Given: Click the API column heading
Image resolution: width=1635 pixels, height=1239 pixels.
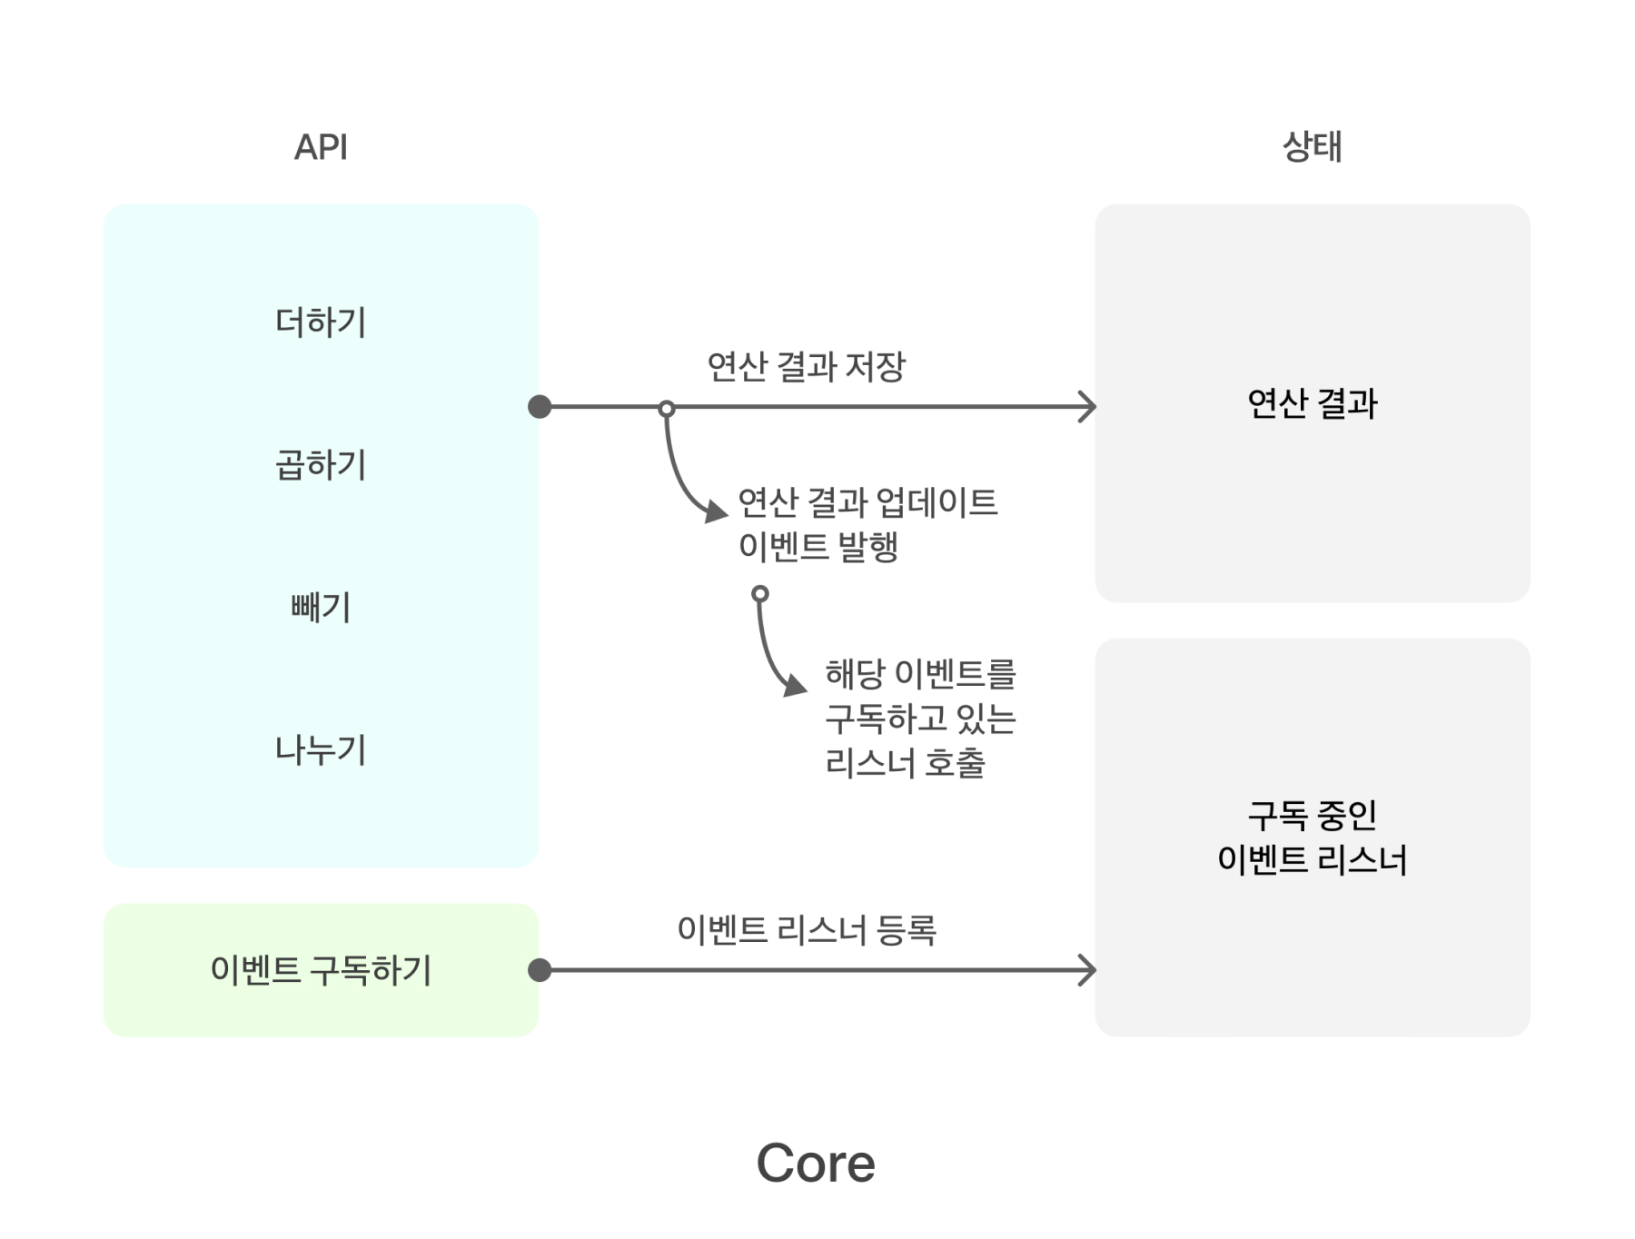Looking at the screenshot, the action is pos(321,147).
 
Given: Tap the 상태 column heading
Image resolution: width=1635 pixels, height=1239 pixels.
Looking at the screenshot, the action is pos(1312,146).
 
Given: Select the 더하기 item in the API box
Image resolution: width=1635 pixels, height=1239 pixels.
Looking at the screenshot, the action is pos(321,322).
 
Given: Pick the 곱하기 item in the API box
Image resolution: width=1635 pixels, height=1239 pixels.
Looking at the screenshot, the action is pos(321,465).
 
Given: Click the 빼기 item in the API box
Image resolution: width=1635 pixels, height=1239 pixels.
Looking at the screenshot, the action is pos(321,607).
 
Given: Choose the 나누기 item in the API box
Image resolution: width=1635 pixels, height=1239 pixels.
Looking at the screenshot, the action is pos(321,749).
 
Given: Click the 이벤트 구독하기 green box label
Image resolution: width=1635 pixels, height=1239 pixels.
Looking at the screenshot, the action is pos(321,970).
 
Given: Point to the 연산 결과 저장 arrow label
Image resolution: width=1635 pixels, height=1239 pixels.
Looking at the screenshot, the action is pos(806,366).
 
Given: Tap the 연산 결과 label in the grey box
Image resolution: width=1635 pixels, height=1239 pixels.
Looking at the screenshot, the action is pos(1312,403).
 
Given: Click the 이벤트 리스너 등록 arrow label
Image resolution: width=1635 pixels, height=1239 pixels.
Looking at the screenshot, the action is pos(806,929).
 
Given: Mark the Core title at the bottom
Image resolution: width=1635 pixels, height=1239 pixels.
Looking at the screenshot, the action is pos(816,1163).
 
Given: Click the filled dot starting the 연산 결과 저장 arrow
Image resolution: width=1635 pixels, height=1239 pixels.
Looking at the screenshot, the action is pos(540,407).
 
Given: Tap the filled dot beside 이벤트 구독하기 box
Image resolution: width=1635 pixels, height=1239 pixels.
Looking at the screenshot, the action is pos(540,970).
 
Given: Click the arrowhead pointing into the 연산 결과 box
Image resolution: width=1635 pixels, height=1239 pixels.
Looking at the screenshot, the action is pos(1088,407).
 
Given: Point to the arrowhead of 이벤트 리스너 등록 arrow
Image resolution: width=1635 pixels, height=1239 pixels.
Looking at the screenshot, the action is pos(1088,970).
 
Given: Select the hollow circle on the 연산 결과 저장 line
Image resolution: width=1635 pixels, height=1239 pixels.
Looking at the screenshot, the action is pos(667,409).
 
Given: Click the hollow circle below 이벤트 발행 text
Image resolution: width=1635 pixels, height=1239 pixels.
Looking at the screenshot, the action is pos(760,594).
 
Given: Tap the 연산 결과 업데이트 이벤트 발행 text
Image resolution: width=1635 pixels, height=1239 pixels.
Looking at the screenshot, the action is pos(867,524).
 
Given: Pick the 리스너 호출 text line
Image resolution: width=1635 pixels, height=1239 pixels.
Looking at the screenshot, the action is pos(906,763).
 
